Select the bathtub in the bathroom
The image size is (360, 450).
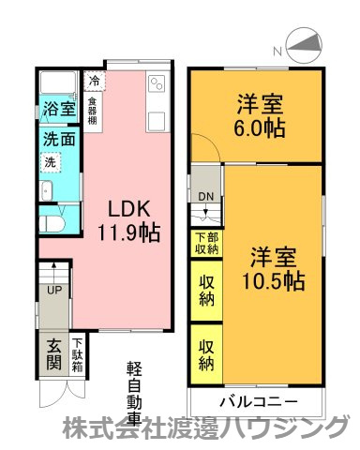coord(58,82)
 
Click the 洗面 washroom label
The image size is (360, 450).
coord(58,139)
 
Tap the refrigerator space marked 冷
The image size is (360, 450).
coord(95,81)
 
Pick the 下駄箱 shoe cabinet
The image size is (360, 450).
coord(77,355)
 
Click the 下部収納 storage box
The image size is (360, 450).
coord(206,244)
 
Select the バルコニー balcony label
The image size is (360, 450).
coord(259,402)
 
